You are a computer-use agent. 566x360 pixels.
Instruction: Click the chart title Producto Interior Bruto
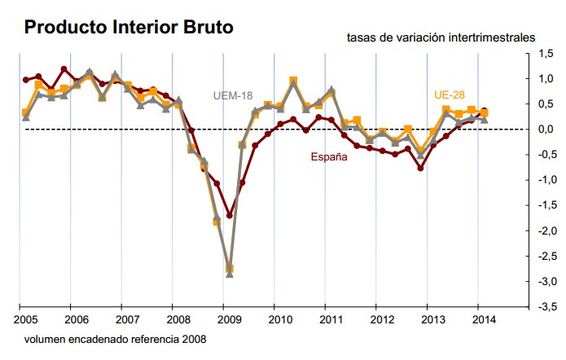[129, 27]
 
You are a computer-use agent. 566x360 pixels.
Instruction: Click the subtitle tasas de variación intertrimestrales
[441, 37]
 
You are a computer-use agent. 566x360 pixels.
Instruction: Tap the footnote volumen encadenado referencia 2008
[115, 339]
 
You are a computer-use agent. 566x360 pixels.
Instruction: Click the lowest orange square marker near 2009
[230, 269]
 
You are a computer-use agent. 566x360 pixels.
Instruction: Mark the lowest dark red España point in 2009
[230, 216]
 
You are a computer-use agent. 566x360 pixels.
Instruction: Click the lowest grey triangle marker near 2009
[230, 274]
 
